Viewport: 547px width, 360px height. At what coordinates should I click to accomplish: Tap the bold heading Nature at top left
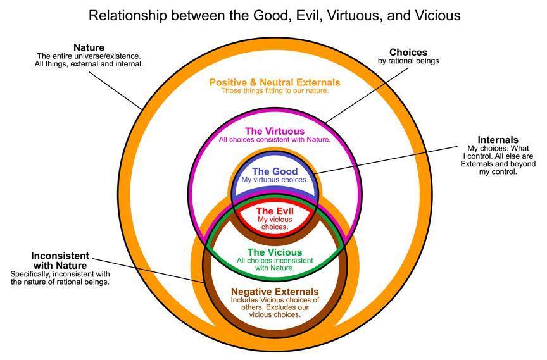(x=89, y=47)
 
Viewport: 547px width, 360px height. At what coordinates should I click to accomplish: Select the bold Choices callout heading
(x=408, y=52)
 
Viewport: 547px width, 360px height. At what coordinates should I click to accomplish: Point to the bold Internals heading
(x=498, y=140)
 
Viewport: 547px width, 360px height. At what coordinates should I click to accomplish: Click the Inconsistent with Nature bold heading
(x=60, y=261)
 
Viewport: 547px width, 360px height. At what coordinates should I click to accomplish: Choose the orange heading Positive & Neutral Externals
(x=275, y=82)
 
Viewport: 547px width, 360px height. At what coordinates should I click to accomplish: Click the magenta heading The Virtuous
(x=274, y=131)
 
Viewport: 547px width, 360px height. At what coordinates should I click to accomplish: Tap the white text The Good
(x=274, y=171)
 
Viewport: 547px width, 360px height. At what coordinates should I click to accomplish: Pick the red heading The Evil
(x=273, y=211)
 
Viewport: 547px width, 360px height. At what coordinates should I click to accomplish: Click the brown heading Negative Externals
(x=274, y=291)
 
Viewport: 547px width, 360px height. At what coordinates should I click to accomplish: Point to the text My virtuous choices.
(x=275, y=180)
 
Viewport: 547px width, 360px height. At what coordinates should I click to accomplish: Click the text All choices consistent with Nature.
(x=274, y=139)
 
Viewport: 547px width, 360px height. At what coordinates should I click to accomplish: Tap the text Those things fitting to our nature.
(x=275, y=91)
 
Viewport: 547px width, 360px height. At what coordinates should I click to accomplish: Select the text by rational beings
(x=408, y=61)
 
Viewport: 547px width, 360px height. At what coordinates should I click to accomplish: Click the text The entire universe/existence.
(x=89, y=56)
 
